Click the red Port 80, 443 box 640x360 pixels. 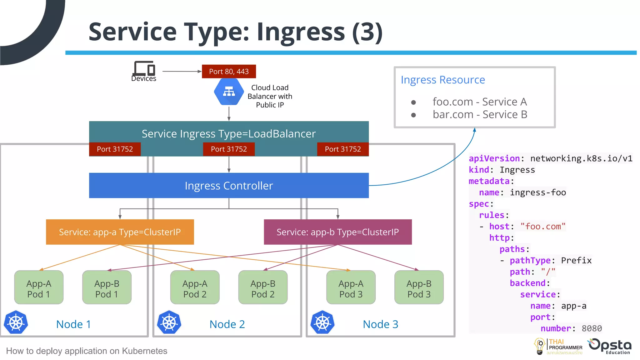pos(229,72)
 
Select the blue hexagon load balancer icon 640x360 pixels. pos(229,92)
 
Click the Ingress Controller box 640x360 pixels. pos(229,186)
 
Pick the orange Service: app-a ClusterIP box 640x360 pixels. pos(120,232)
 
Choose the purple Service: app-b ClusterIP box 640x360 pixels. pos(337,232)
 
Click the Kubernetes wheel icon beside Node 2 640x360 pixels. pos(169,322)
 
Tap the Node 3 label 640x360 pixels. pos(380,324)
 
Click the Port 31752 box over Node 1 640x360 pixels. pos(115,149)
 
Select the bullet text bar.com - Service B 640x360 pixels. pos(480,115)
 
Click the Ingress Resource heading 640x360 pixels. pos(442,80)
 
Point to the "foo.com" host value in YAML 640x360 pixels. pos(543,226)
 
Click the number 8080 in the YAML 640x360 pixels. pos(591,328)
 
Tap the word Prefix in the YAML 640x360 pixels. pos(576,260)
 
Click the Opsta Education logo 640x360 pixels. pos(610,346)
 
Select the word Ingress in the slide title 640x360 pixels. pos(301,32)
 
